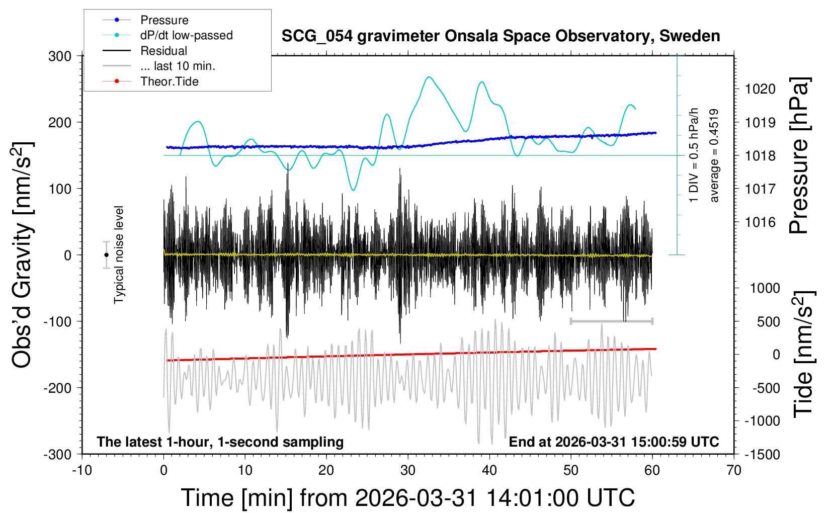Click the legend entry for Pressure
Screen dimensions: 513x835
pyautogui.click(x=164, y=20)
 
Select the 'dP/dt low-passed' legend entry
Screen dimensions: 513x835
pyautogui.click(x=186, y=35)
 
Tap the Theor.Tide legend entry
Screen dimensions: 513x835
pyautogui.click(x=169, y=81)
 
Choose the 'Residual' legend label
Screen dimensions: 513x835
pyautogui.click(x=163, y=51)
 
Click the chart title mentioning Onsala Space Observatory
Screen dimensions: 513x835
pyautogui.click(x=500, y=36)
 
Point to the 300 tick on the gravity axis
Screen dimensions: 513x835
pyautogui.click(x=60, y=56)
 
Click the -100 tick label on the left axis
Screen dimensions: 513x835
pyautogui.click(x=57, y=321)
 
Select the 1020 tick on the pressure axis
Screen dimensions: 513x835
pyautogui.click(x=760, y=89)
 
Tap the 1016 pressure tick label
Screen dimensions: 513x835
pyautogui.click(x=760, y=222)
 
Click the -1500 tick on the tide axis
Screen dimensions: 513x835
pyautogui.click(x=762, y=454)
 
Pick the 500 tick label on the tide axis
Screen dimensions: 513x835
pyautogui.click(x=768, y=321)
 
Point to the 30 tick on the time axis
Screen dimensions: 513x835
pyautogui.click(x=408, y=470)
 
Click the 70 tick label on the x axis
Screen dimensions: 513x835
pyautogui.click(x=734, y=470)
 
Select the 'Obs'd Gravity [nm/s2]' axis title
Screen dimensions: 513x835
pyautogui.click(x=23, y=255)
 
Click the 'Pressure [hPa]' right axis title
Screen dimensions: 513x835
pyautogui.click(x=800, y=156)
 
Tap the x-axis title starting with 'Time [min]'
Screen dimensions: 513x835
pyautogui.click(x=407, y=498)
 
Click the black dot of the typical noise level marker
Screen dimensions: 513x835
pyautogui.click(x=106, y=255)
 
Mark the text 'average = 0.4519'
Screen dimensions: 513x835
pyautogui.click(x=714, y=156)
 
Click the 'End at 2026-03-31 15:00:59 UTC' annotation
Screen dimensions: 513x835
pyautogui.click(x=614, y=442)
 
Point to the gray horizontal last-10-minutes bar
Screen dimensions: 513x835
pyautogui.click(x=611, y=321)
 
